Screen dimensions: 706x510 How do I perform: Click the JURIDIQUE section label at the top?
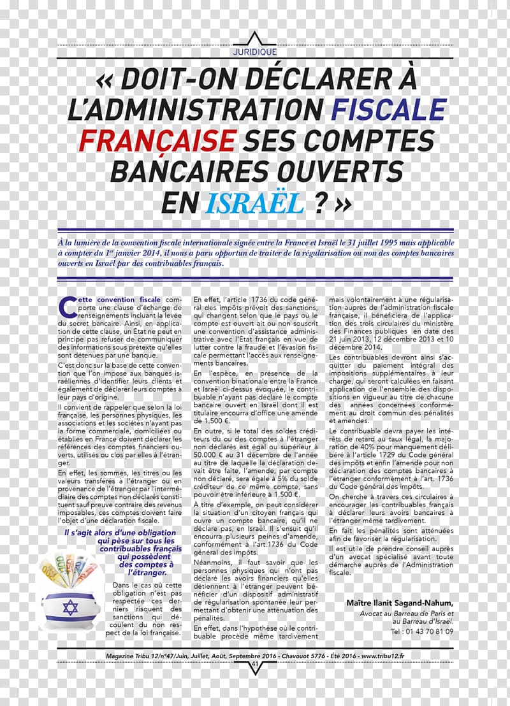tap(255, 52)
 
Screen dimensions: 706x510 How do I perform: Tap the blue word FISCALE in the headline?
tap(388, 108)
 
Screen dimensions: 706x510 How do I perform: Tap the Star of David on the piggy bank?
tap(70, 607)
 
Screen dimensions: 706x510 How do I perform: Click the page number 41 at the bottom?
tap(255, 664)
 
